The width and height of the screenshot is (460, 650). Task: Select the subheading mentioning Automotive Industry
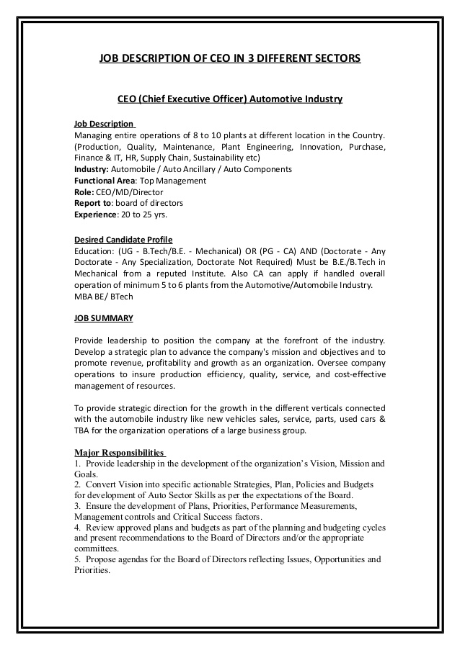coord(229,99)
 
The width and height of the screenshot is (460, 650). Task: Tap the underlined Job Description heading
coord(104,124)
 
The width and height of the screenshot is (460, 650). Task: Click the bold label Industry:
coord(92,169)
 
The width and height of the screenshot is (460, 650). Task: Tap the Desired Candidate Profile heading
coord(123,240)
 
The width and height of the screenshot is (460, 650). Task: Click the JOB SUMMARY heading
coord(103,317)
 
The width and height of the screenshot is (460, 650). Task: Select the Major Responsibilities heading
coord(120,453)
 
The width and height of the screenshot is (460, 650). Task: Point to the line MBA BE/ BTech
coord(104,297)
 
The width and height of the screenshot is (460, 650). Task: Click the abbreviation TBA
coord(84,431)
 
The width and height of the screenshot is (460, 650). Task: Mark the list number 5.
coord(76,559)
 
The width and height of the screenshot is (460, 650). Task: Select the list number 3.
coord(76,506)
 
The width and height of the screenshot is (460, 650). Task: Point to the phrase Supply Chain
coord(165,158)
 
